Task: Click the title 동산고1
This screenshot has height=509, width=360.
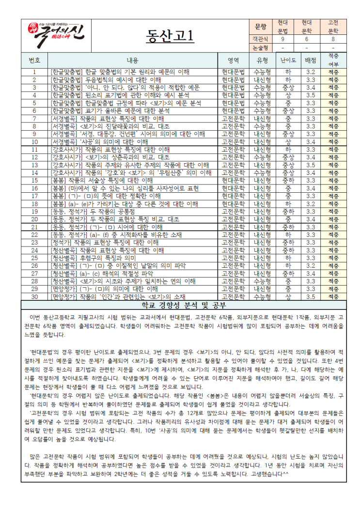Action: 169,36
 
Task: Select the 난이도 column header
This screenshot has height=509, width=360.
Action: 288,61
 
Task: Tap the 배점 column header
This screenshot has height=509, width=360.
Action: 311,61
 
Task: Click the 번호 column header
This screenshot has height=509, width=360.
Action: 34,61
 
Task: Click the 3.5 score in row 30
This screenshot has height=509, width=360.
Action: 311,296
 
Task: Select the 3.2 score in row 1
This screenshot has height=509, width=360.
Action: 311,72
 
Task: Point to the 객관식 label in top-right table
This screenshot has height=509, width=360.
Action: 259,39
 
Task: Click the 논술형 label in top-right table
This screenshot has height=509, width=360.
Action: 259,47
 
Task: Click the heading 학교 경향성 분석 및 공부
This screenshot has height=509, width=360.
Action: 180,305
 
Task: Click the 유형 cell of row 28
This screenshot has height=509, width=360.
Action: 262,281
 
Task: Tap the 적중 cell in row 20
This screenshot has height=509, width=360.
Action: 333,219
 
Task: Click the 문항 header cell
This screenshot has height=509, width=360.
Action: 259,26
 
